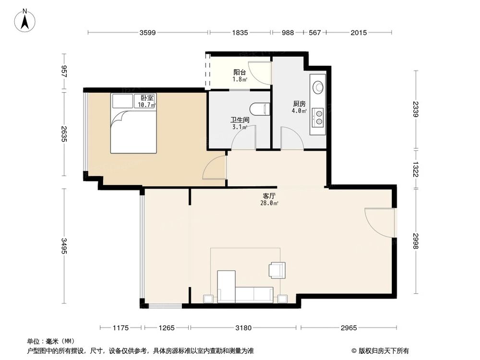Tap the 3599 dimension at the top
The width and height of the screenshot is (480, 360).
click(148, 33)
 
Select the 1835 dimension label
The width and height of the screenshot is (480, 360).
click(240, 33)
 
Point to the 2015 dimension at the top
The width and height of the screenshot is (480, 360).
click(359, 33)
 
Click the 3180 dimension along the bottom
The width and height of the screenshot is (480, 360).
click(244, 328)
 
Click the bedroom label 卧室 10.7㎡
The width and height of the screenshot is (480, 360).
click(147, 101)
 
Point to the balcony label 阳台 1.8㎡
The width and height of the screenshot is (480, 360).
click(240, 76)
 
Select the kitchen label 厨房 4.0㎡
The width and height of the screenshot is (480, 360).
click(300, 107)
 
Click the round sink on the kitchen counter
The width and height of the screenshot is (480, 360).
click(318, 87)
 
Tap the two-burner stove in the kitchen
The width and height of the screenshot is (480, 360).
click(318, 117)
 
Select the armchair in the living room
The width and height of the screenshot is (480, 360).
click(277, 270)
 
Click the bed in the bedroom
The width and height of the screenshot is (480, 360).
click(134, 123)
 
